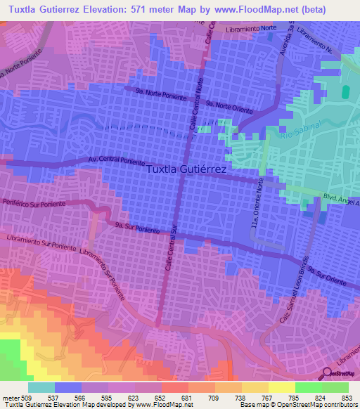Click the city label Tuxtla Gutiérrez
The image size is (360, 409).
187,169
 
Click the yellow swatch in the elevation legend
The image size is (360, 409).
281,387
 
